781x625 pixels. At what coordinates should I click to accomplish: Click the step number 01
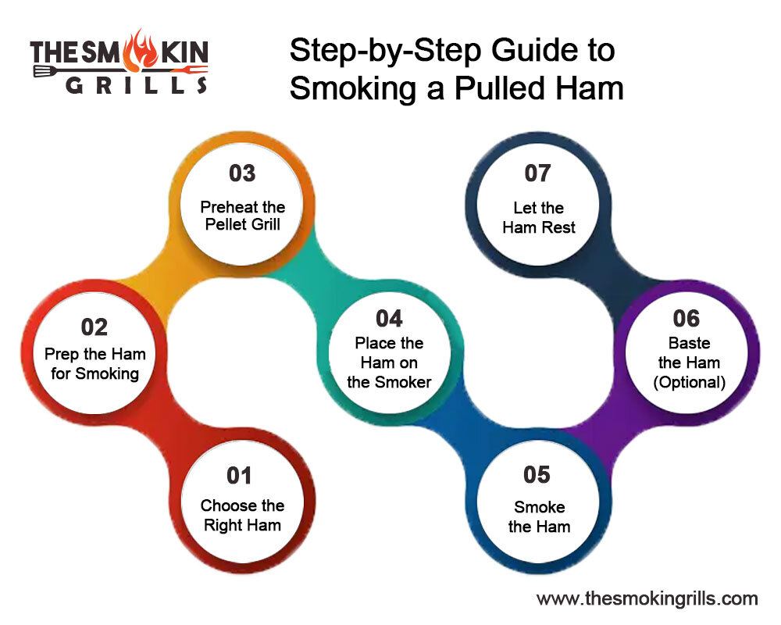coord(239,476)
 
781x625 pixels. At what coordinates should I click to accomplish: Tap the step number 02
coord(95,327)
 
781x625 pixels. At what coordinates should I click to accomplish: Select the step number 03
coord(242,173)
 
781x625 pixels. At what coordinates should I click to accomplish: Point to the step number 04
coord(389,319)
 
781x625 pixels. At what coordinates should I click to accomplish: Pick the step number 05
coord(537,474)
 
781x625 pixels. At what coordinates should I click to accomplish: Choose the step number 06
coord(686,319)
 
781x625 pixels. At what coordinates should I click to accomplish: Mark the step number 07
coord(538,173)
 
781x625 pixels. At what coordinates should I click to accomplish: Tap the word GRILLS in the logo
coord(137,85)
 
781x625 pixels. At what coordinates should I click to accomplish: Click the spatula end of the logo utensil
coord(44,71)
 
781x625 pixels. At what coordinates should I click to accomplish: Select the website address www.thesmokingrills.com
coord(647,598)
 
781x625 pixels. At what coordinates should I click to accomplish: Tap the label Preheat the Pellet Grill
coord(243,216)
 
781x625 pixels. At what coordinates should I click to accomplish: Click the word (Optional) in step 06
coord(690,382)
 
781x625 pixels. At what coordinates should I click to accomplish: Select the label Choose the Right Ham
coord(243,516)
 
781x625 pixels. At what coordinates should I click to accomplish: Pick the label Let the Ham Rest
coord(538,217)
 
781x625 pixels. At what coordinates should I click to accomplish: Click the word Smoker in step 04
coord(403,382)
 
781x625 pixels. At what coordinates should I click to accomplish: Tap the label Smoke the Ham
coord(540,516)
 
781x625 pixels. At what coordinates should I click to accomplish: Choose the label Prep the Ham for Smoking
coord(95,364)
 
